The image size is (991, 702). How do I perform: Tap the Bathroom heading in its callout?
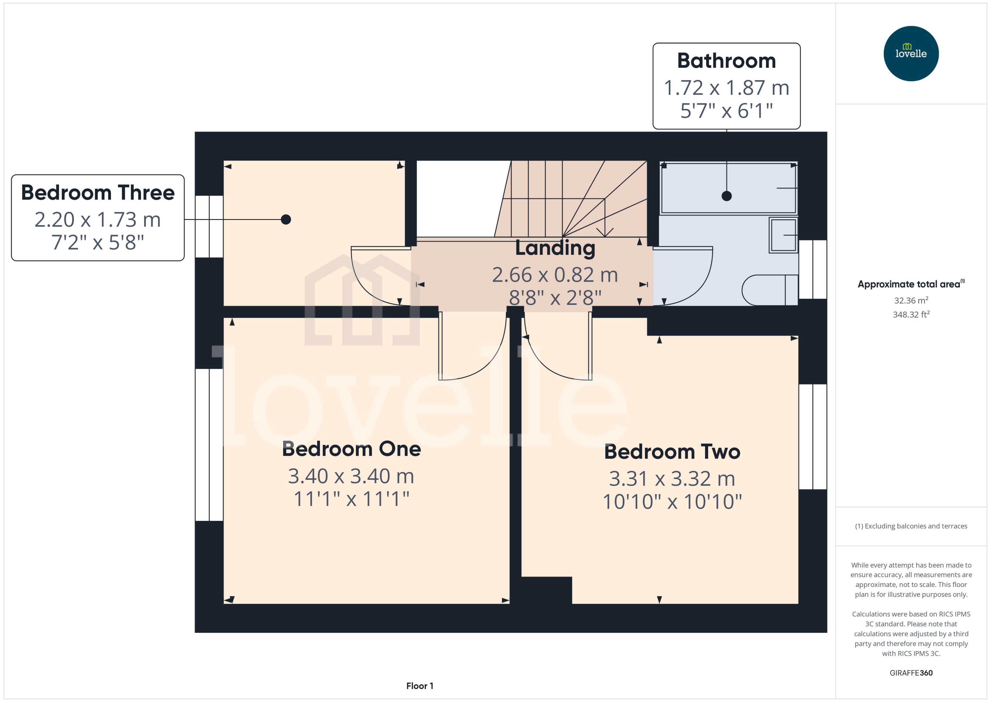(726, 61)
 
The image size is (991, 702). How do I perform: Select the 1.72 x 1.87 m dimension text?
(726, 88)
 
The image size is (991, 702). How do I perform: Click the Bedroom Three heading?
(98, 192)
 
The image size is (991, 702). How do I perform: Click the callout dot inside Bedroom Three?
(286, 220)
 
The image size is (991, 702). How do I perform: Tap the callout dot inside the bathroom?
(727, 196)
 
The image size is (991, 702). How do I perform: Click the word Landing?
(555, 248)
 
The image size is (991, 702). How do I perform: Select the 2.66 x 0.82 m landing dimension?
(555, 275)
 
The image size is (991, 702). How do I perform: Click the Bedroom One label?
(351, 449)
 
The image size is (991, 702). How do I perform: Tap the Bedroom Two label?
(672, 452)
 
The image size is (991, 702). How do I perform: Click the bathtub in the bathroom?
(729, 188)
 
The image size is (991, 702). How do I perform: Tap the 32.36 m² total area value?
(911, 300)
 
